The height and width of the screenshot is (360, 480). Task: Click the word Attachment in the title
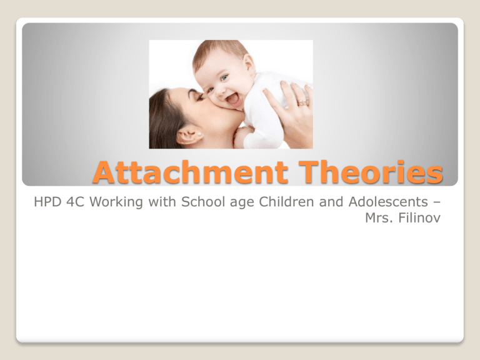pyautogui.click(x=191, y=172)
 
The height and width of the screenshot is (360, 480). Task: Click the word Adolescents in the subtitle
pyautogui.click(x=388, y=202)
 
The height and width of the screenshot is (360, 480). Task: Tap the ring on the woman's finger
pyautogui.click(x=302, y=102)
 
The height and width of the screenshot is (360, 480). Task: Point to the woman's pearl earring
pyautogui.click(x=199, y=134)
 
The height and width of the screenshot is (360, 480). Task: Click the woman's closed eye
pyautogui.click(x=200, y=97)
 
